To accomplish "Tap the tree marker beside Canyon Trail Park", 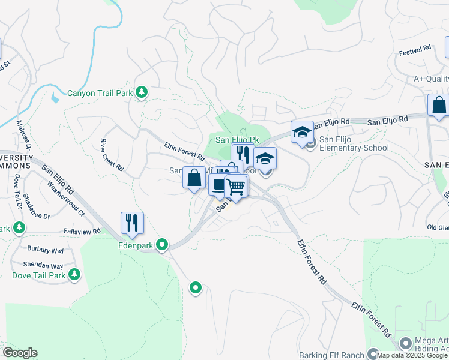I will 142,92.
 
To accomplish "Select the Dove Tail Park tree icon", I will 74,275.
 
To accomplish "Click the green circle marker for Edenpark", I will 162,244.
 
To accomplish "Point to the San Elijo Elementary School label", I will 354,143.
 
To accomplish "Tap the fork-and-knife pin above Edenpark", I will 132,223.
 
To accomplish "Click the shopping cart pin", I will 236,187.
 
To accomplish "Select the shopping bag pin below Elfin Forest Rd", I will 194,178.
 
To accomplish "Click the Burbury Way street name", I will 45,248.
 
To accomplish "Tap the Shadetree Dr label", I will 37,208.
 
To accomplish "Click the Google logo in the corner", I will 20,352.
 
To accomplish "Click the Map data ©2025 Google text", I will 411,355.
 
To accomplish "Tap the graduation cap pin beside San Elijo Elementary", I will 302,131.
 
